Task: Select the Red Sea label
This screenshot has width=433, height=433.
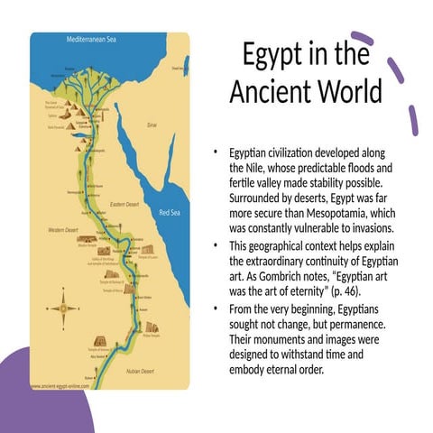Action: tap(169, 212)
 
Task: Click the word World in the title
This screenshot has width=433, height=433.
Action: tap(347, 93)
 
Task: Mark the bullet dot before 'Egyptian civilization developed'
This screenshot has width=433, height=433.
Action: tap(216, 155)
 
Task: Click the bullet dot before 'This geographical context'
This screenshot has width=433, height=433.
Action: tap(216, 246)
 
